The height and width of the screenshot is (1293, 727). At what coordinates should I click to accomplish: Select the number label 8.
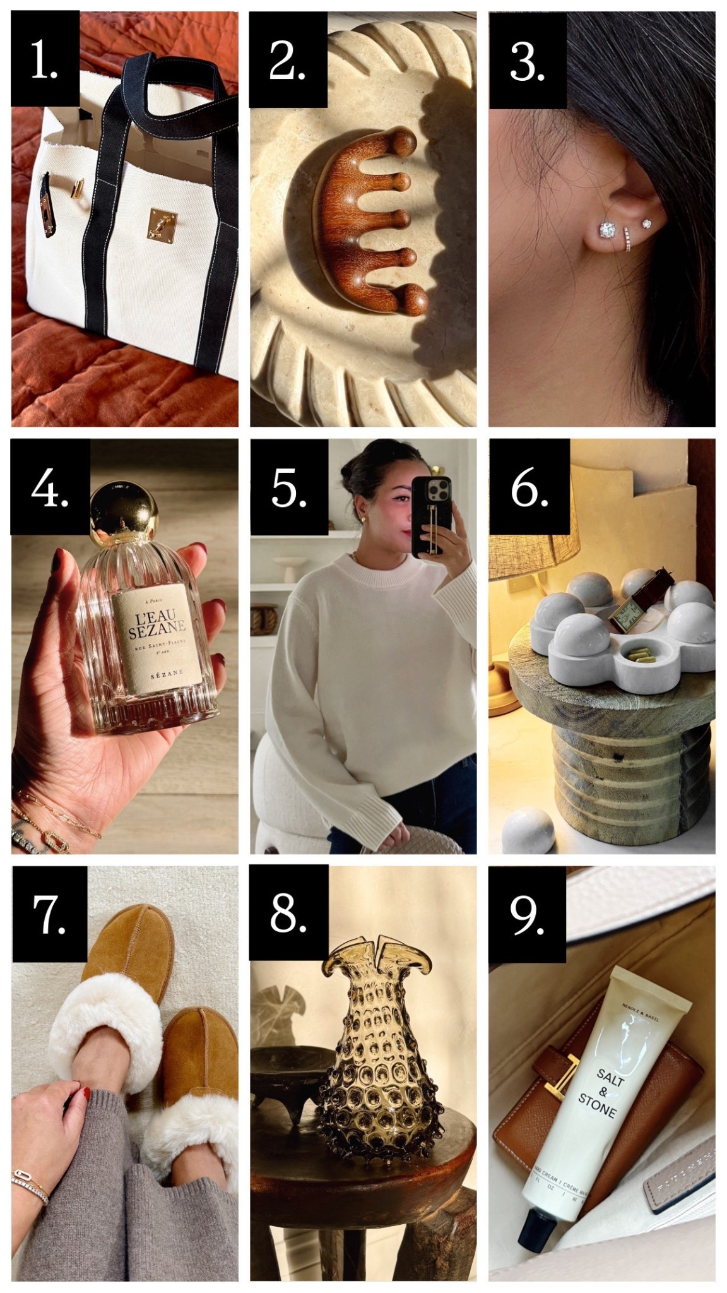tap(288, 913)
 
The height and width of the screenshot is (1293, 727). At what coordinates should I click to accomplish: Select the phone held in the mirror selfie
tap(431, 516)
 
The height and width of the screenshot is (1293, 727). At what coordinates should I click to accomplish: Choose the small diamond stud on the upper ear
tap(646, 223)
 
